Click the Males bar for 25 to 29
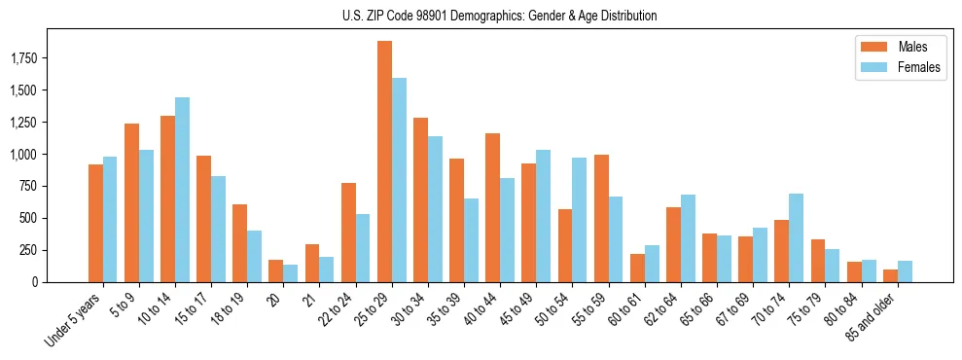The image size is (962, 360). (384, 162)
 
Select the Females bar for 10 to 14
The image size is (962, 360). (182, 190)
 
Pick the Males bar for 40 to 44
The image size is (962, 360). (492, 207)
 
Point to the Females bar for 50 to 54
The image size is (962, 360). (579, 220)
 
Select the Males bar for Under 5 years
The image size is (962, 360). (95, 223)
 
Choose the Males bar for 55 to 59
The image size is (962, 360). (601, 218)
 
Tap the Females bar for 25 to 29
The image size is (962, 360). (399, 180)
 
